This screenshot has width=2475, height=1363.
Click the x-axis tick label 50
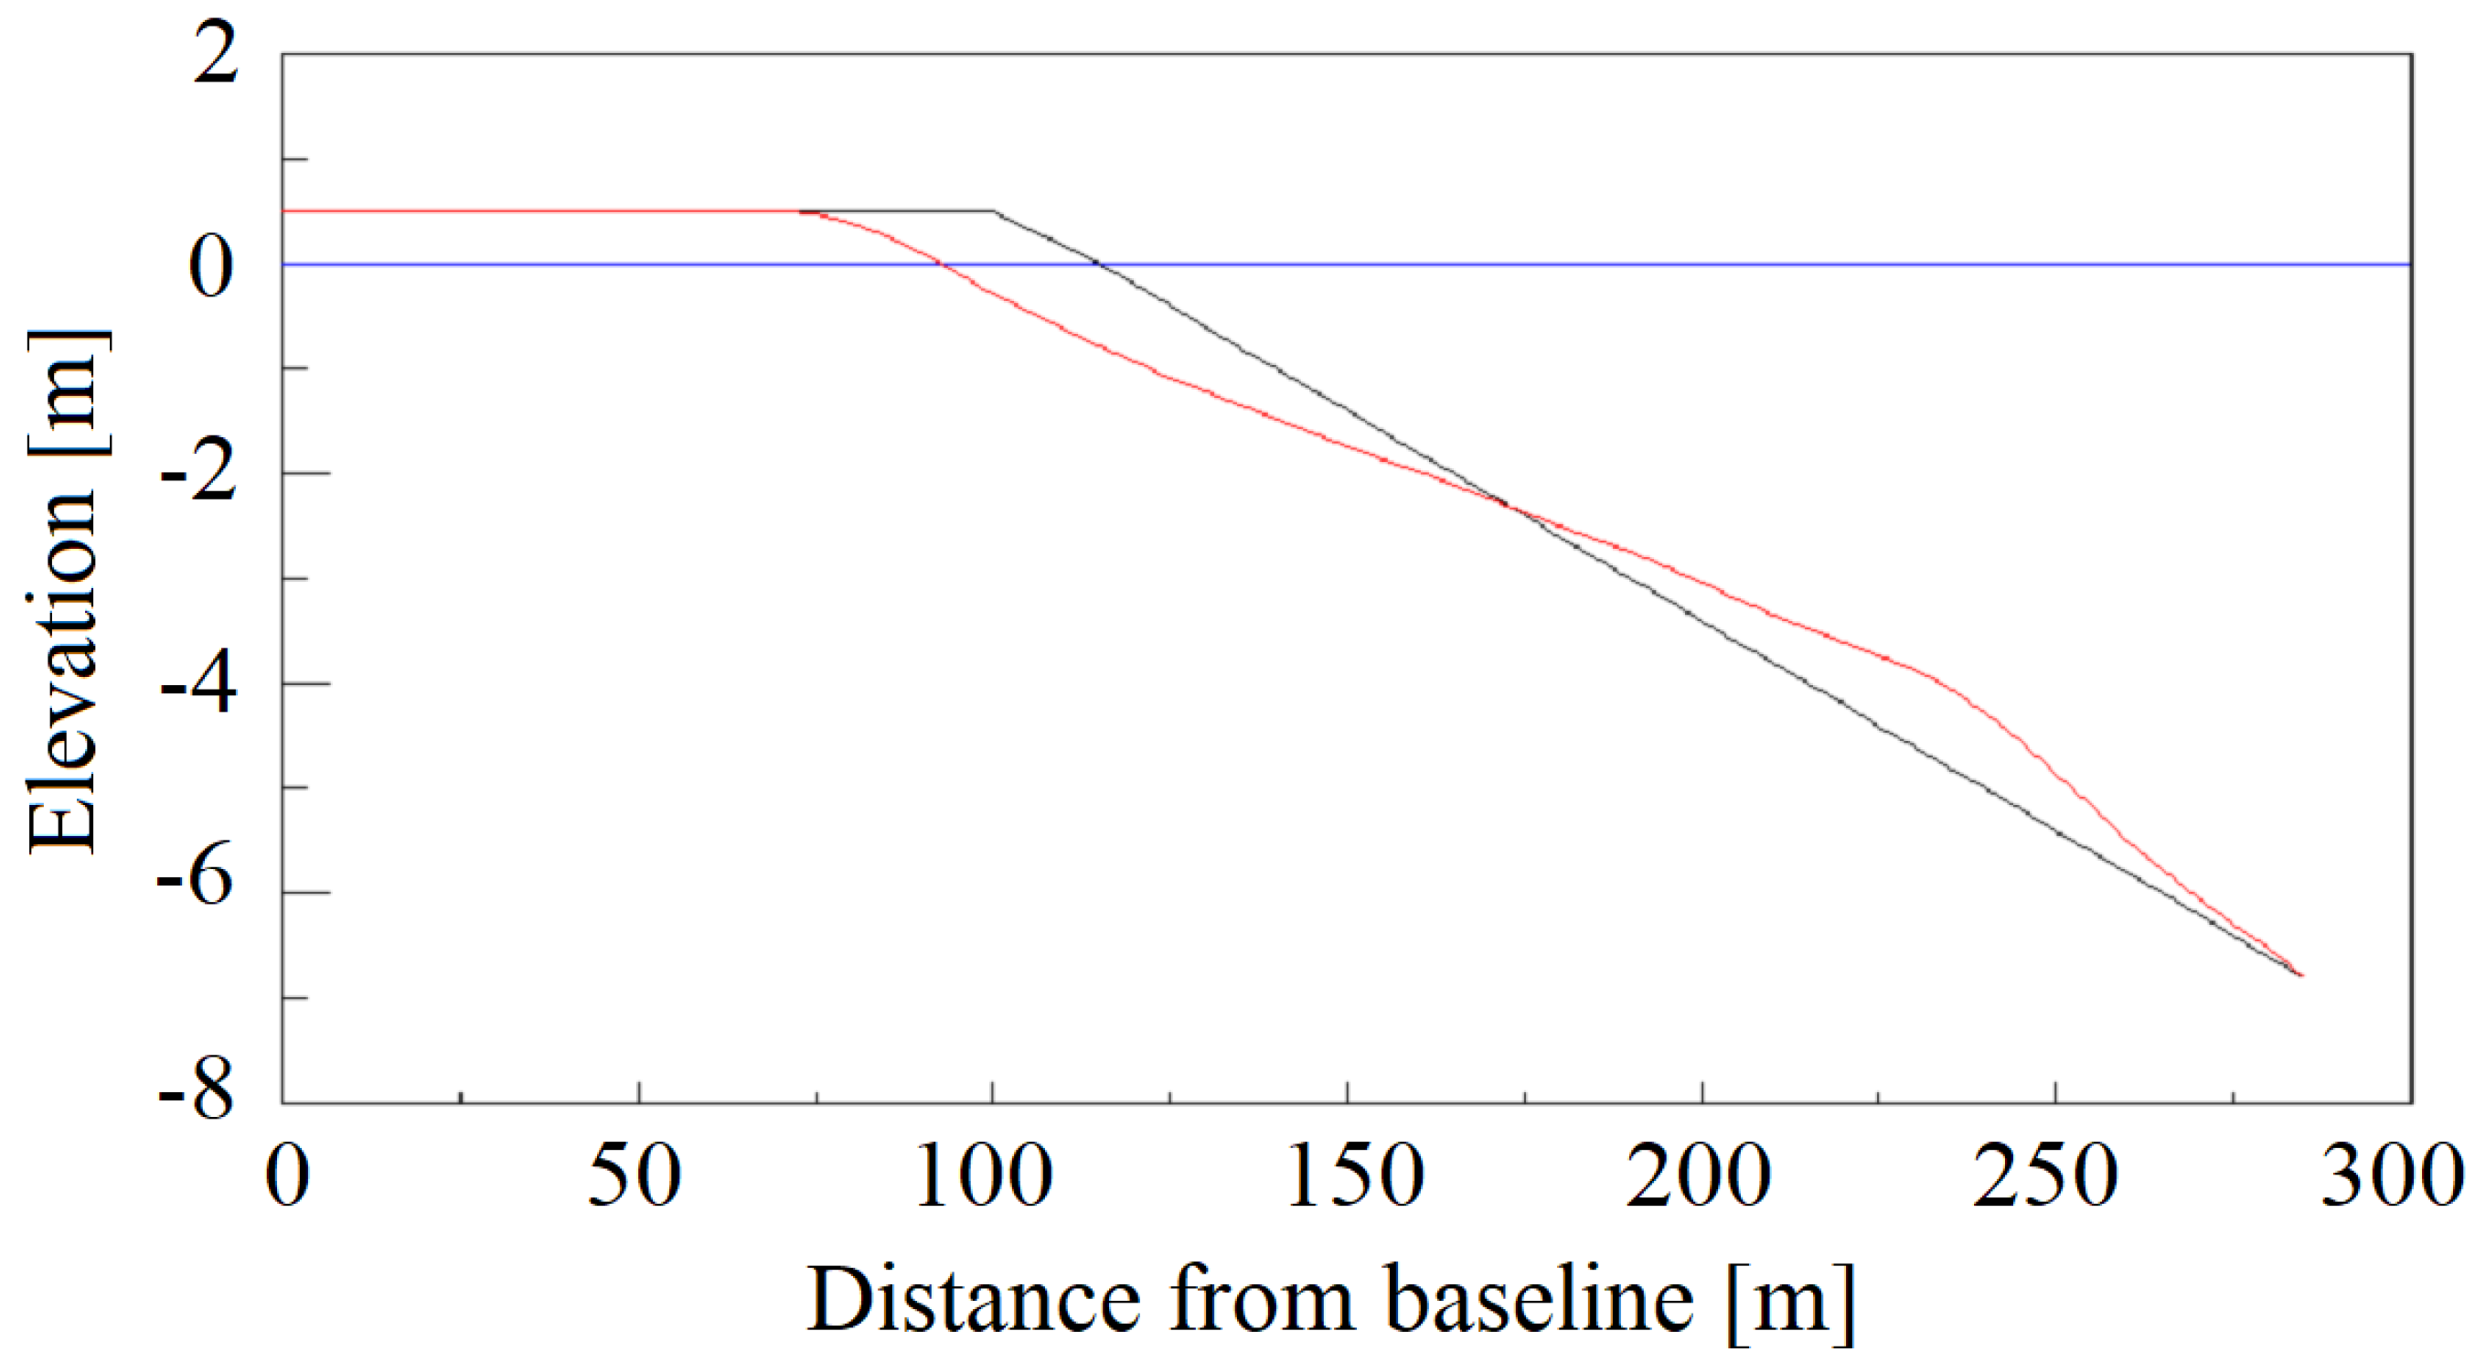[x=635, y=1177]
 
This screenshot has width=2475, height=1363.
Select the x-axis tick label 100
[x=984, y=1177]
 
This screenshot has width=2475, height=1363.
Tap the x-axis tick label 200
[x=1699, y=1177]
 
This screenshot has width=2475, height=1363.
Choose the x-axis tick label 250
[x=2046, y=1177]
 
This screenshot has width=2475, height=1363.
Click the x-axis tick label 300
[x=2393, y=1177]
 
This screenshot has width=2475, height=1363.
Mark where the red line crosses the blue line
[x=942, y=264]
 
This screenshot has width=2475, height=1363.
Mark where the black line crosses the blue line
[x=1099, y=264]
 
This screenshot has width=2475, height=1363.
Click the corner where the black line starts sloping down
[x=994, y=210]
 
